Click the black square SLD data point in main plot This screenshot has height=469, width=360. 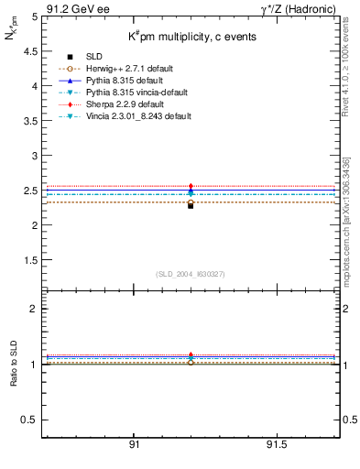pyautogui.click(x=191, y=205)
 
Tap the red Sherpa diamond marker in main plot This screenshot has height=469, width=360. pyautogui.click(x=191, y=187)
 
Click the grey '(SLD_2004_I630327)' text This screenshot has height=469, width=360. pyautogui.click(x=190, y=274)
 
